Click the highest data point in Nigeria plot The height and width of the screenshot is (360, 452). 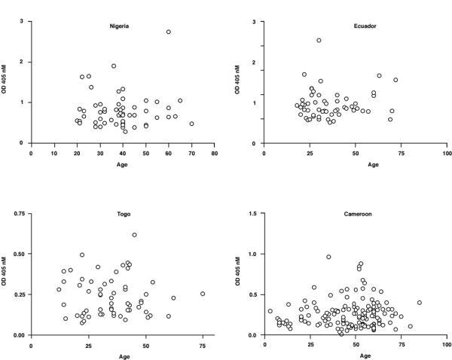[x=169, y=32]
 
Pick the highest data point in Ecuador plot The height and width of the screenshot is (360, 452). [x=319, y=41]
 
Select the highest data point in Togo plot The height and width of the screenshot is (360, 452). [x=135, y=235]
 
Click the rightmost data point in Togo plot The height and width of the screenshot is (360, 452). [x=203, y=294]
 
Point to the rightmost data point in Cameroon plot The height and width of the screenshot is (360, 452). [x=420, y=303]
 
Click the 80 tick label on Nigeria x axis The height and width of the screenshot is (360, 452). [x=215, y=153]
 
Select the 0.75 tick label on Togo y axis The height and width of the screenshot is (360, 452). [x=19, y=214]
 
